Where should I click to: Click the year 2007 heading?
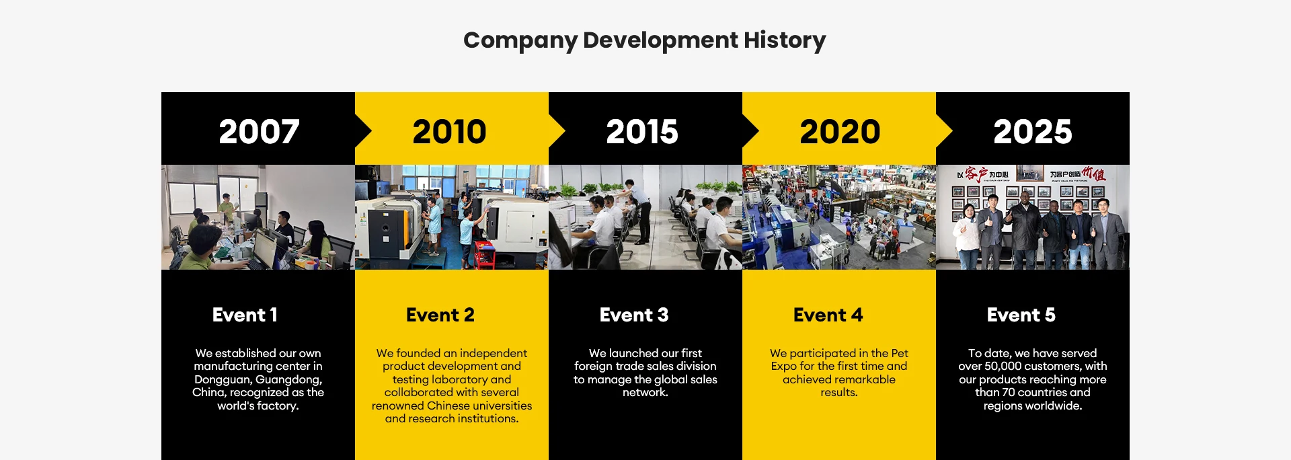coord(259,132)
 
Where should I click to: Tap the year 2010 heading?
coord(449,132)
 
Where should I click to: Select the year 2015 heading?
coord(642,132)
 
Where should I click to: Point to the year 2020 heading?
coord(840,132)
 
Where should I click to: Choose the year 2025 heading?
coord(1033,132)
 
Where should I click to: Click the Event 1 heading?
coord(245,315)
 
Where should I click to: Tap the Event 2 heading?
coord(440,315)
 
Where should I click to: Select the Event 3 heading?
coord(634,315)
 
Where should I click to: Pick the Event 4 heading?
coord(828,315)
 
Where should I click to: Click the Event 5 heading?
coord(1021,315)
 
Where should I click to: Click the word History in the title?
coord(785,40)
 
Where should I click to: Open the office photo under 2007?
coord(258,217)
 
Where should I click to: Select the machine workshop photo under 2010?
coord(452,217)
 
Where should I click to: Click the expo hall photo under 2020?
coord(839,217)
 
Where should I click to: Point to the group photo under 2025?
coord(1033,217)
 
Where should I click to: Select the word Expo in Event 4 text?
coord(784,367)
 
